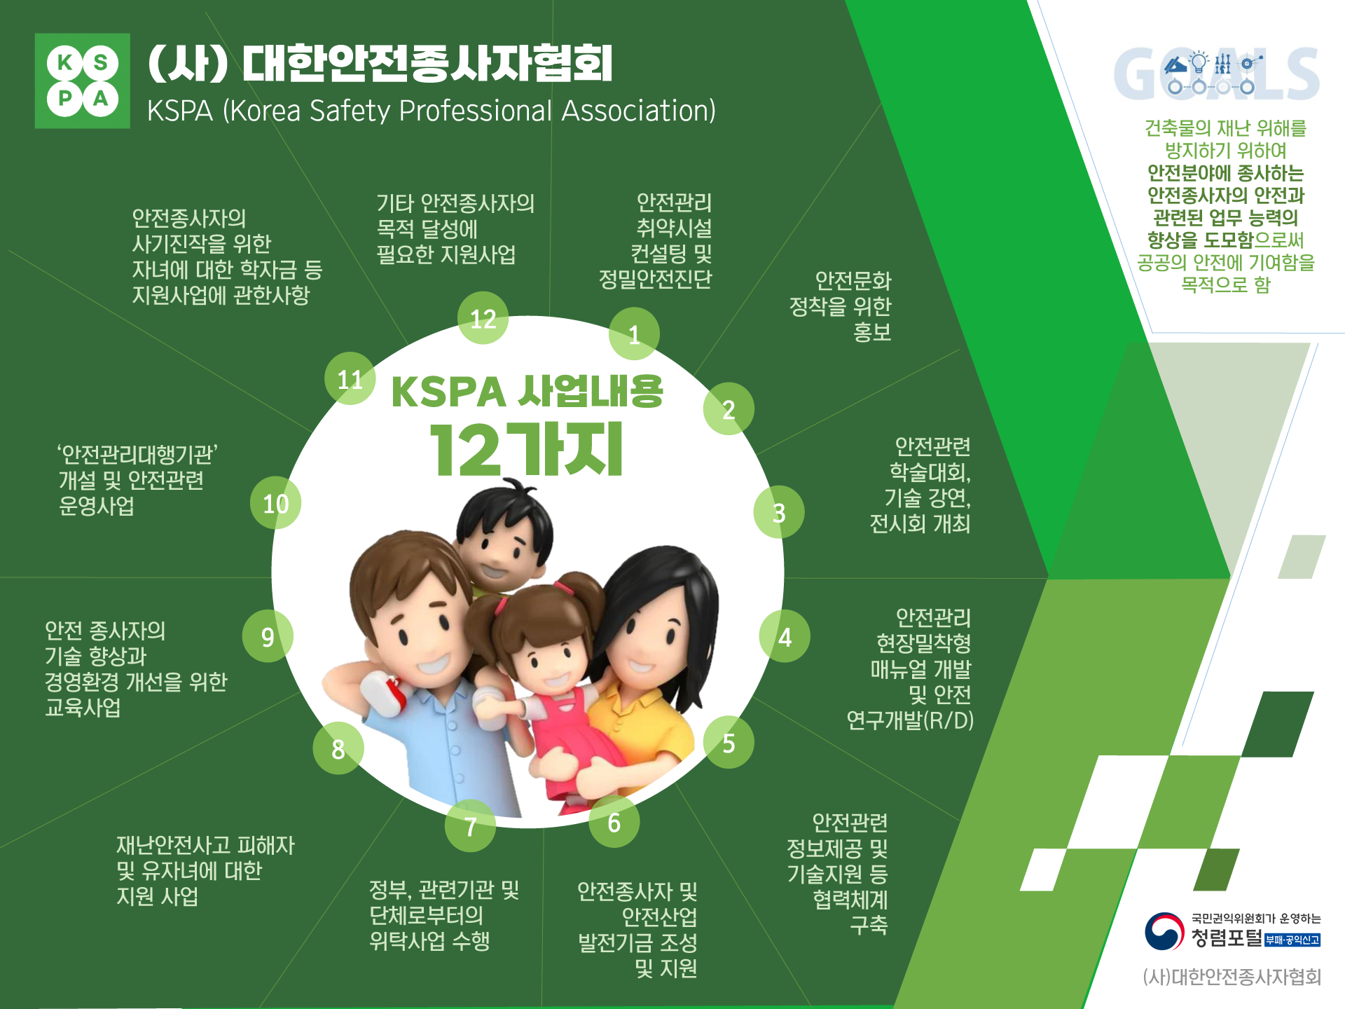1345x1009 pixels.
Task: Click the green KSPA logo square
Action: pyautogui.click(x=83, y=81)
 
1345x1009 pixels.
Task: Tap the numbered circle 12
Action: pyautogui.click(x=483, y=318)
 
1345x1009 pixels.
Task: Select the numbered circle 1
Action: pyautogui.click(x=634, y=334)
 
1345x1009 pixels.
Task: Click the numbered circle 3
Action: pyautogui.click(x=778, y=512)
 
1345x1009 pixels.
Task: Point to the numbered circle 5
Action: pyautogui.click(x=729, y=742)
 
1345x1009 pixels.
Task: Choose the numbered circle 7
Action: pyautogui.click(x=470, y=826)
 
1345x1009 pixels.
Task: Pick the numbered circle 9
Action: pyautogui.click(x=268, y=636)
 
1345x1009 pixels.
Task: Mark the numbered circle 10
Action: pyautogui.click(x=275, y=503)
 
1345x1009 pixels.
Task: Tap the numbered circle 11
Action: pyautogui.click(x=350, y=378)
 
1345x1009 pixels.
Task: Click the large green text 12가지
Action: pyautogui.click(x=526, y=450)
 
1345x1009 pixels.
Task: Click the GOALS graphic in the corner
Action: pyautogui.click(x=1216, y=73)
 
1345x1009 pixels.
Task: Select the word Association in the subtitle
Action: pyautogui.click(x=638, y=111)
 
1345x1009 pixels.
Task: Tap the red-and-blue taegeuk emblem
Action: pyautogui.click(x=1164, y=931)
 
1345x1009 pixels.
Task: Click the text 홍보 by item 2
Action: pyautogui.click(x=871, y=331)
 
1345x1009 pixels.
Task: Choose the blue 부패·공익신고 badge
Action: pyautogui.click(x=1292, y=940)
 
